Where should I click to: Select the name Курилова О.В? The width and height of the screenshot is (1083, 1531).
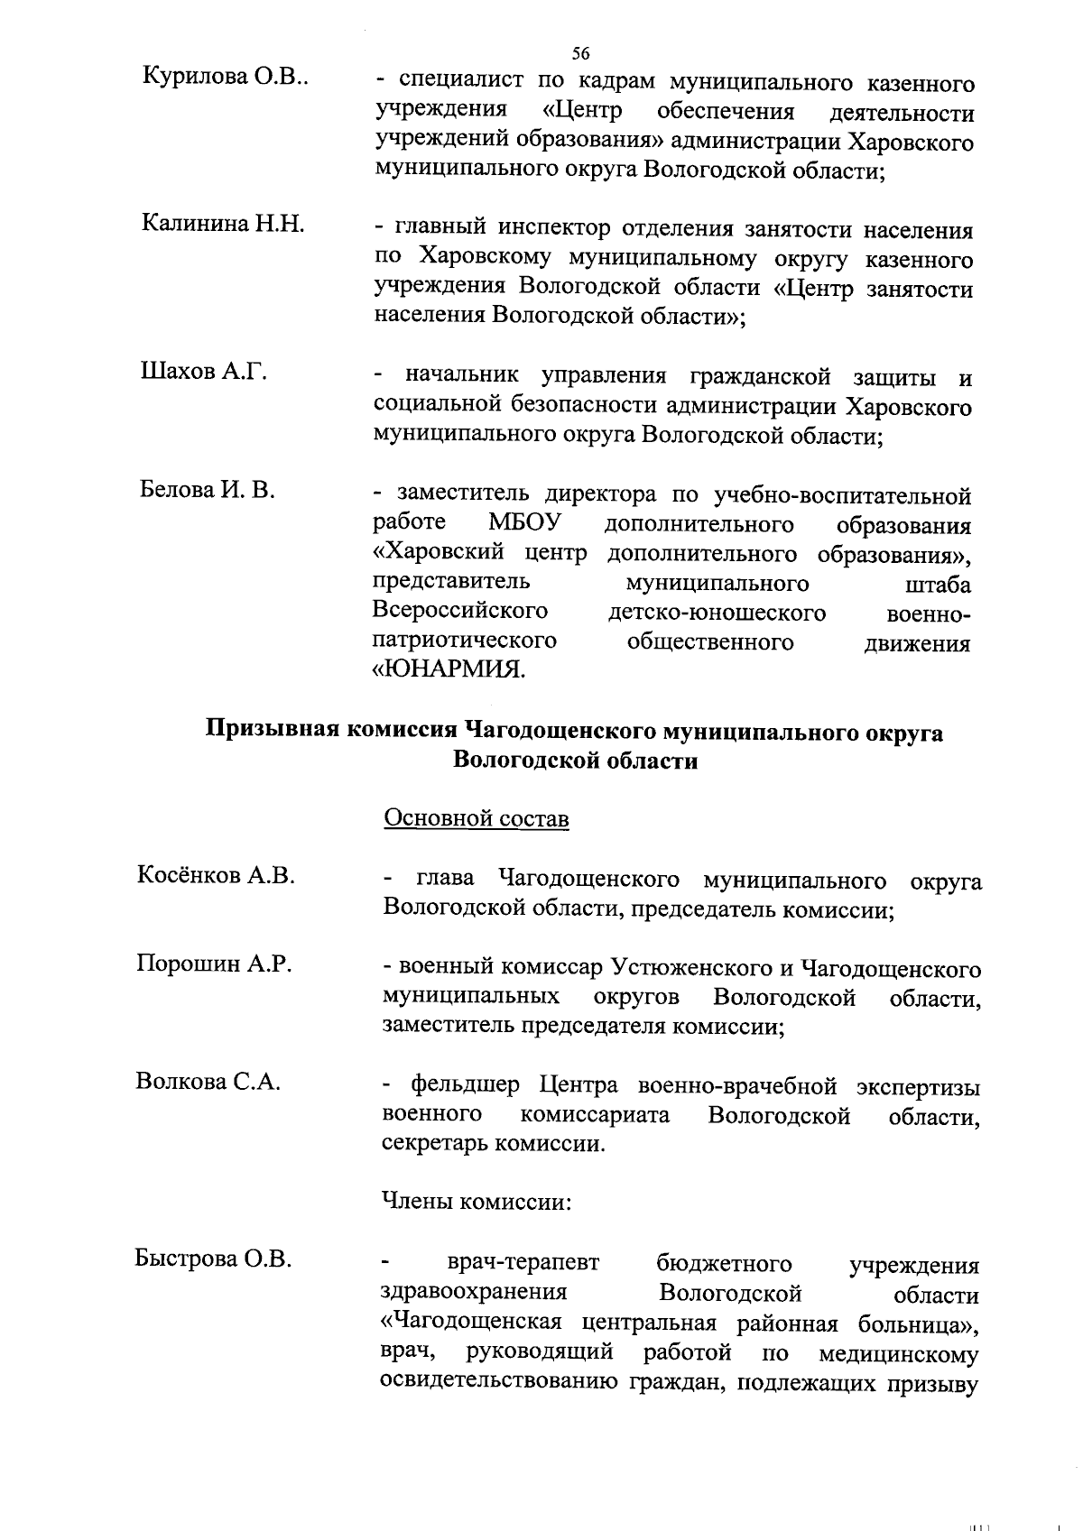(x=226, y=78)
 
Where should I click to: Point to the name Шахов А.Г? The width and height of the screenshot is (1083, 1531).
(x=203, y=372)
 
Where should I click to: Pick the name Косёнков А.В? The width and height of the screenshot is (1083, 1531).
(x=216, y=875)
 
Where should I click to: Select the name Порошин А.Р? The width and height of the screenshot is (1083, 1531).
(x=214, y=964)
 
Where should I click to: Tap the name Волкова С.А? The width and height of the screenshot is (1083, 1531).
(x=208, y=1081)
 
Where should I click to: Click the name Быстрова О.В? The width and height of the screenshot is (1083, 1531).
(x=213, y=1259)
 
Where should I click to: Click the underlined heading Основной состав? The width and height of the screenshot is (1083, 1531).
(x=477, y=818)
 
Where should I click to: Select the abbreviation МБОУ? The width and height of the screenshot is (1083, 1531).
(x=524, y=524)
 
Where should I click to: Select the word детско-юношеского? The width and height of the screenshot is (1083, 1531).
(x=717, y=613)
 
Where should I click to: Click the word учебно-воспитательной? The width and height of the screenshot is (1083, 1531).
(x=842, y=495)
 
